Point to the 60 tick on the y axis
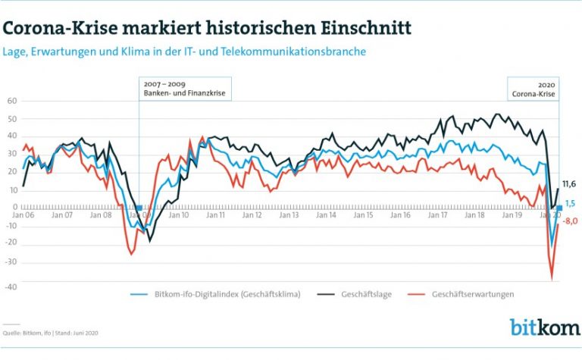(12, 100)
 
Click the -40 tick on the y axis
(11, 286)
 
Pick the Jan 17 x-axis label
(439, 215)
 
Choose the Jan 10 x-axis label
(179, 215)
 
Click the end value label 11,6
(569, 184)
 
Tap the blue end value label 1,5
(571, 203)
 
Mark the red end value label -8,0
(570, 221)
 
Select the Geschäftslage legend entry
(367, 294)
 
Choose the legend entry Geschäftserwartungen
(473, 294)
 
